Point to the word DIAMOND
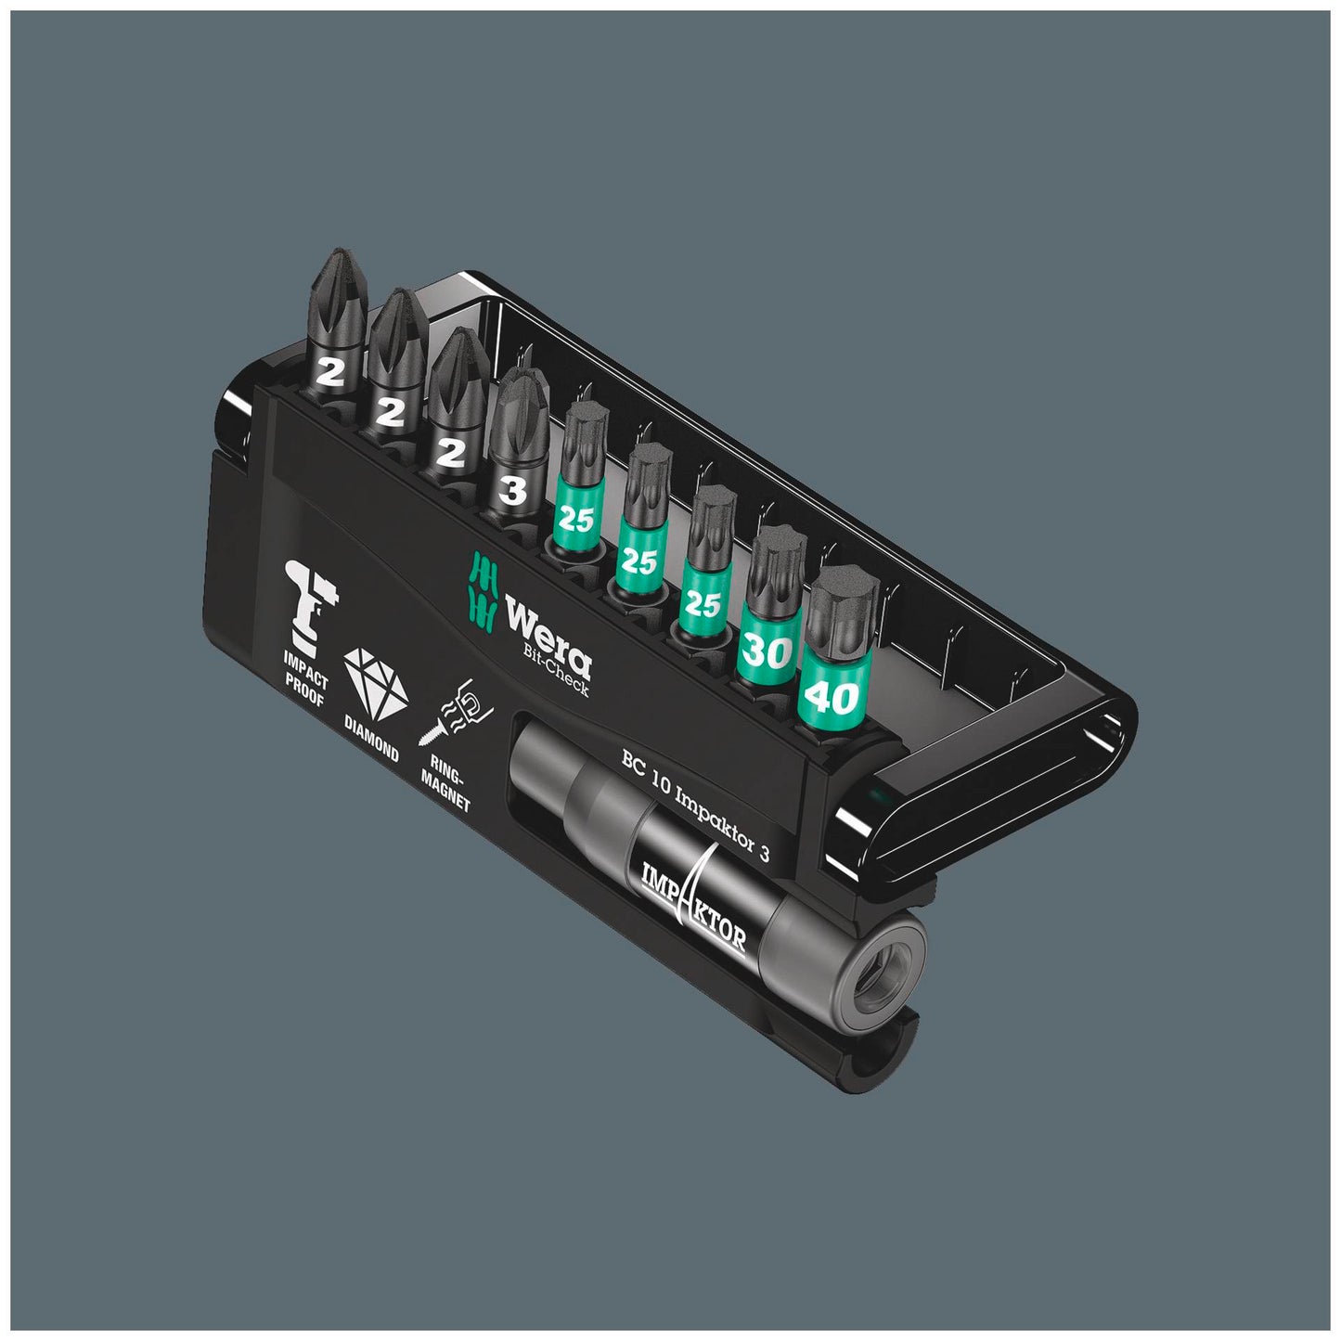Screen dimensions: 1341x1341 [x=370, y=740]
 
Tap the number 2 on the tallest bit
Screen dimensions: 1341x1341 [x=329, y=373]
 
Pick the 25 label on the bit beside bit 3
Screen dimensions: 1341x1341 [x=575, y=519]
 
